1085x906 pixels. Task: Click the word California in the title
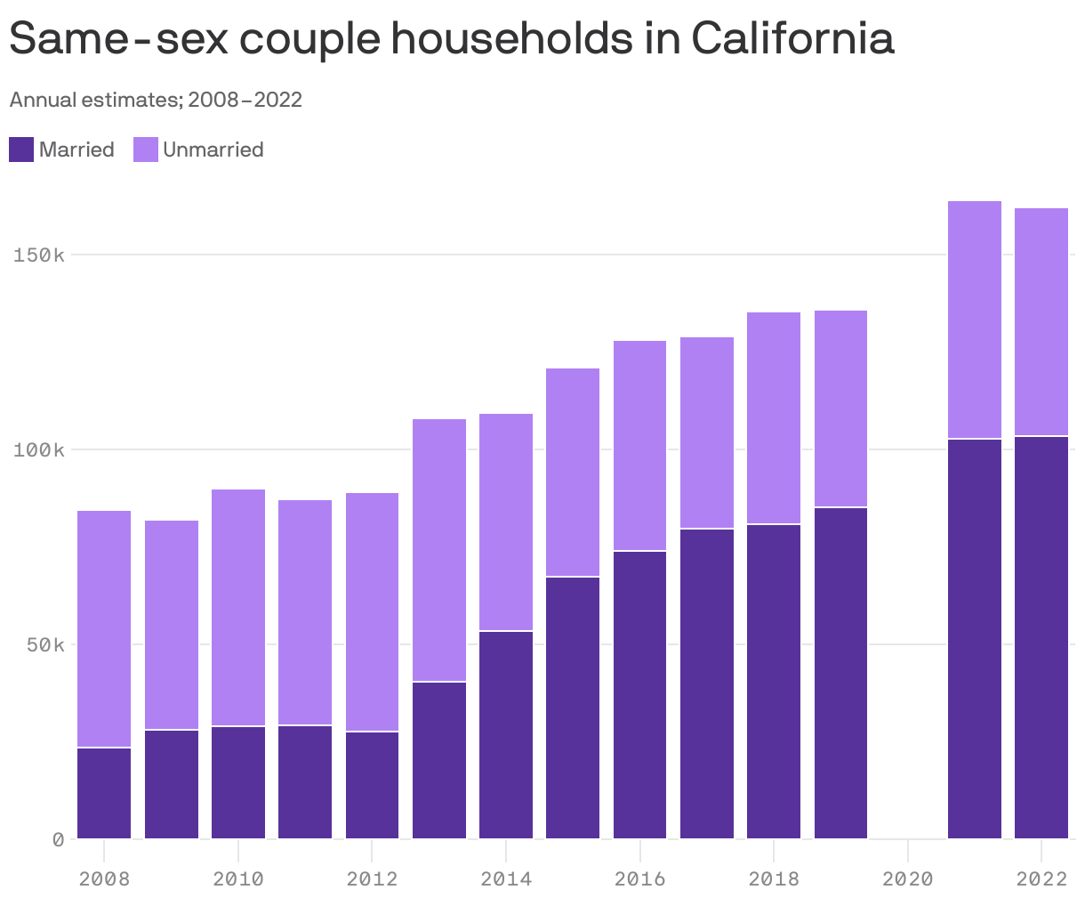792,38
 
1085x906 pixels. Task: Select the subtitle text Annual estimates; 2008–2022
156,100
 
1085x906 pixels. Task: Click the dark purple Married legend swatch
21,150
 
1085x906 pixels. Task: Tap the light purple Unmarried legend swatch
146,150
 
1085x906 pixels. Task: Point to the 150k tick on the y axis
38,255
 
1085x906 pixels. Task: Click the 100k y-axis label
38,450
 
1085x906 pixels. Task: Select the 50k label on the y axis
43,644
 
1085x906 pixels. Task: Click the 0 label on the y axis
58,839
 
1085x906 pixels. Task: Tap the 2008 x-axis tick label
104,879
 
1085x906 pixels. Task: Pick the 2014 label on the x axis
506,879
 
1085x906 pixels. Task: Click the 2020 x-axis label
907,879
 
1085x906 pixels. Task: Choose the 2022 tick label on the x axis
1041,879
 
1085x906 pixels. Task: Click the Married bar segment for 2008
104,793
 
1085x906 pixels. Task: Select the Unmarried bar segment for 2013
439,550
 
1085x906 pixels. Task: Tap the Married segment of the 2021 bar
975,639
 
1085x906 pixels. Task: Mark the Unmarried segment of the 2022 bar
1041,321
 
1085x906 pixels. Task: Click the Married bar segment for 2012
372,785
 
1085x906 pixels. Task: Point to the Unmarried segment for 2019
840,409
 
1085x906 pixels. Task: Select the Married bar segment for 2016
640,695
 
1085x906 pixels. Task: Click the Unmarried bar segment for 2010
238,608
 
